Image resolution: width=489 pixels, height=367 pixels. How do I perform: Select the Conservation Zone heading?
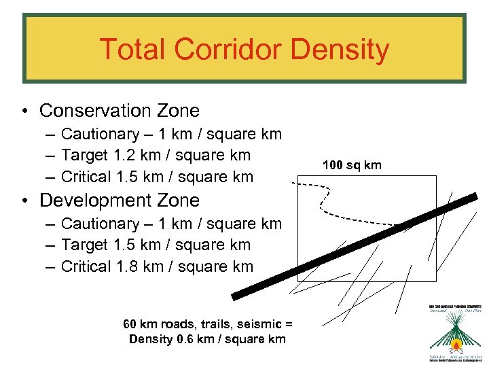click(x=120, y=110)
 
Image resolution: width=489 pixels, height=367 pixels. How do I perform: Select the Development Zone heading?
click(x=120, y=200)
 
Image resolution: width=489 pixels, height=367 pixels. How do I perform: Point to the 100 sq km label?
click(x=352, y=165)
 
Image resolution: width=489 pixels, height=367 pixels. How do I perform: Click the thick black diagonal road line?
click(x=353, y=247)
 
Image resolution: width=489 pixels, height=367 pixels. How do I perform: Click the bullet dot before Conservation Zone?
click(x=24, y=111)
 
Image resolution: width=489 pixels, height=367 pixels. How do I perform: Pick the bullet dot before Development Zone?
click(x=24, y=201)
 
